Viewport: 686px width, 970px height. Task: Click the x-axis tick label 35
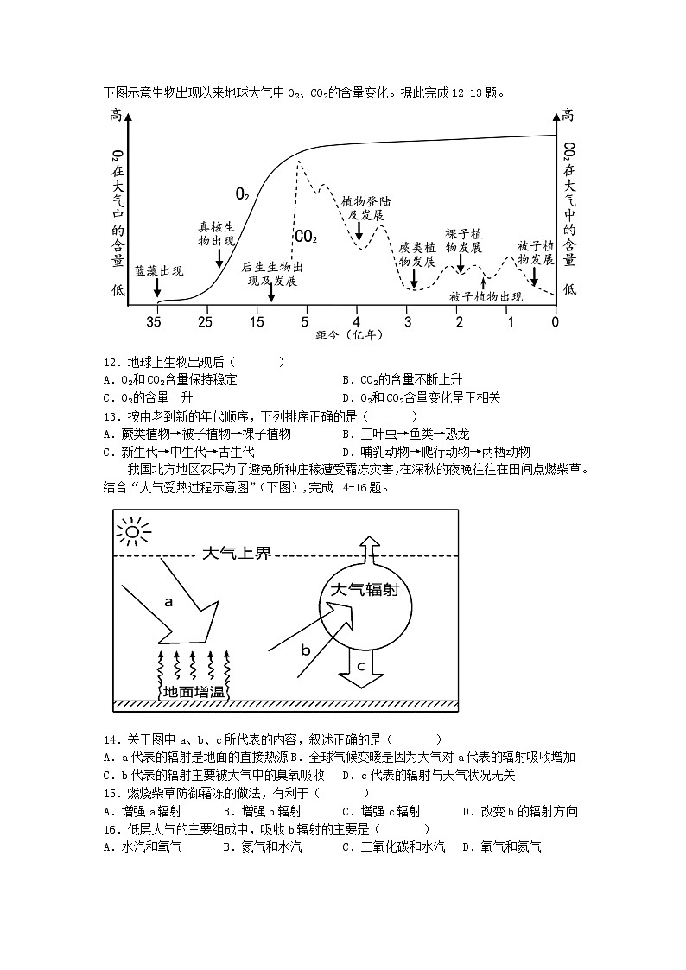coord(154,322)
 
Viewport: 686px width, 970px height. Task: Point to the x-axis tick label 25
coord(205,322)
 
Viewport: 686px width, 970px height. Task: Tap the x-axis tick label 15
coord(257,322)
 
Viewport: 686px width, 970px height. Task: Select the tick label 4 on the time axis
coord(357,322)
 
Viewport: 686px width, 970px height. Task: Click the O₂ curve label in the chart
coord(243,194)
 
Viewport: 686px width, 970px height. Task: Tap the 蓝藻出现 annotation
coord(159,271)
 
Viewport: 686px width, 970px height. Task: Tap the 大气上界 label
coord(236,554)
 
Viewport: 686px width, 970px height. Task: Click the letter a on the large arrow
coord(168,602)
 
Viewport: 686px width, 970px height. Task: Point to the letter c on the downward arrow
coord(360,665)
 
